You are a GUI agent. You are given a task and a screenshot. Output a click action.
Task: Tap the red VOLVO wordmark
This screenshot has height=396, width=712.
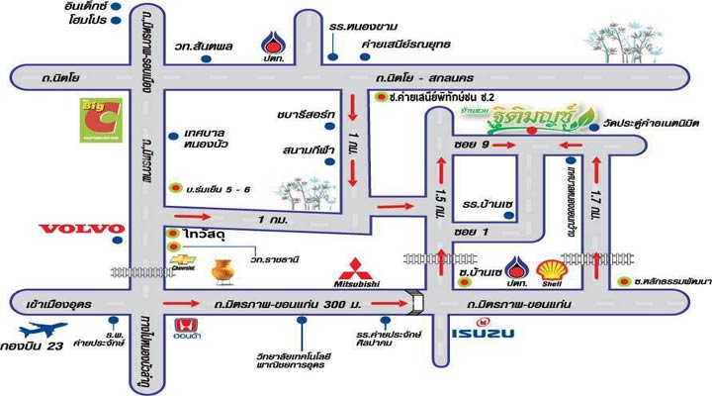point(81,229)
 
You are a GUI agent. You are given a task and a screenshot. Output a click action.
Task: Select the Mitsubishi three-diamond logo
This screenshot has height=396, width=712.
point(360,269)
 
